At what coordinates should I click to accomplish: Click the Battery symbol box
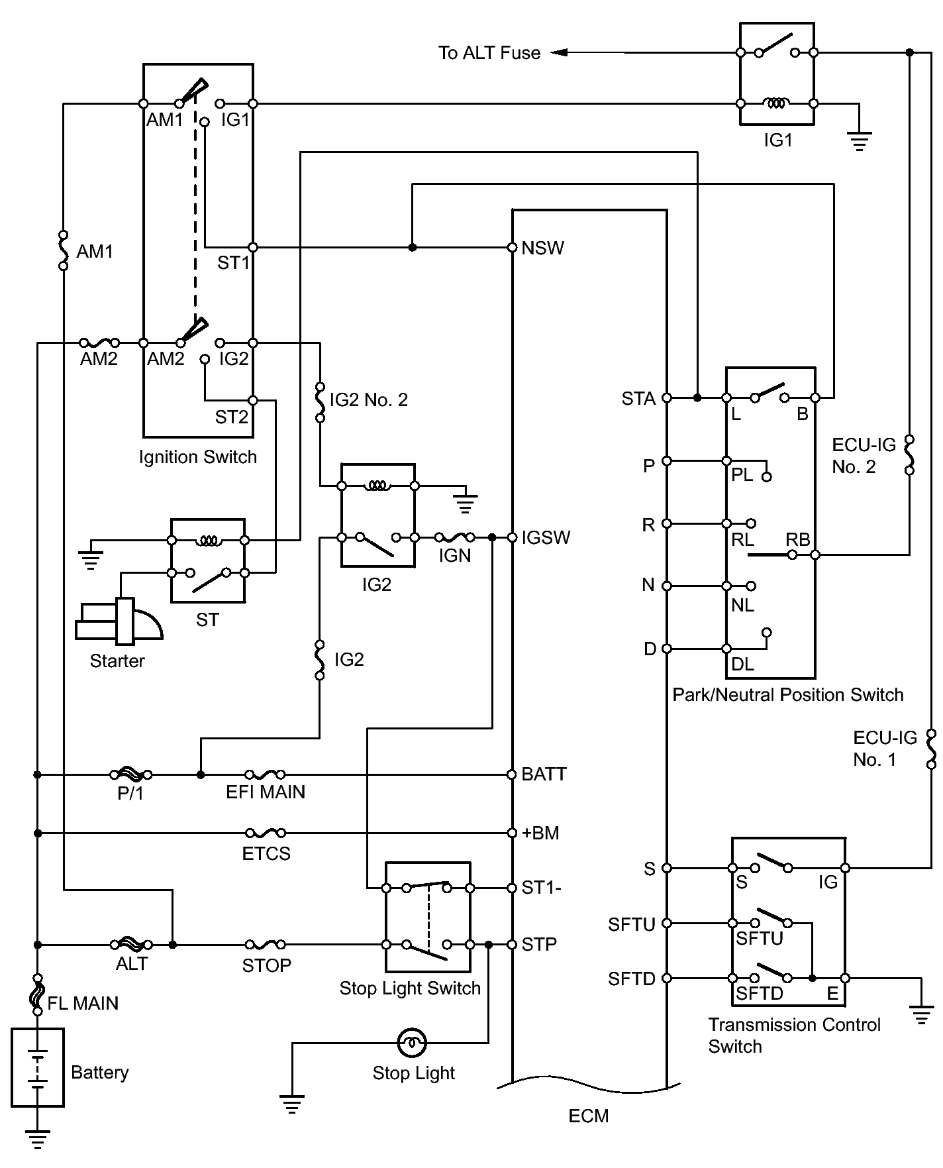coord(38,1067)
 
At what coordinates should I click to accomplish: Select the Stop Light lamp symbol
coord(412,1043)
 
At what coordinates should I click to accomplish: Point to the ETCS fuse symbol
coord(266,833)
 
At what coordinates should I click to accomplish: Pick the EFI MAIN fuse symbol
coord(265,774)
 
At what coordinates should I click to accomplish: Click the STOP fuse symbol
coord(266,944)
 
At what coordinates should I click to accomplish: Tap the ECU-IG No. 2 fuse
coord(910,454)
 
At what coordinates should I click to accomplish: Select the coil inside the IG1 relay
coord(776,103)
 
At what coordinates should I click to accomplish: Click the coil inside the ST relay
coord(209,541)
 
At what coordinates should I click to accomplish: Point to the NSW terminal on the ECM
coord(512,248)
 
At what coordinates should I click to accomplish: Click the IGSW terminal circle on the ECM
coord(512,537)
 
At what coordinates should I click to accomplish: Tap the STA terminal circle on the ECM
coord(667,398)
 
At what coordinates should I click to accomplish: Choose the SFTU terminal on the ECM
coord(667,923)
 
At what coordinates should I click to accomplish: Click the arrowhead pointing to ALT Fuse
coord(558,52)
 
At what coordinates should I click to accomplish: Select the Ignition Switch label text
coord(198,457)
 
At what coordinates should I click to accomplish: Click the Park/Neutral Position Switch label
coord(788,695)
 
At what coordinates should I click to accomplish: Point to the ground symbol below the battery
coord(38,1138)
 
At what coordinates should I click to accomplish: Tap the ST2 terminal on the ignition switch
coord(252,400)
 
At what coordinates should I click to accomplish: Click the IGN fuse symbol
coord(454,537)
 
